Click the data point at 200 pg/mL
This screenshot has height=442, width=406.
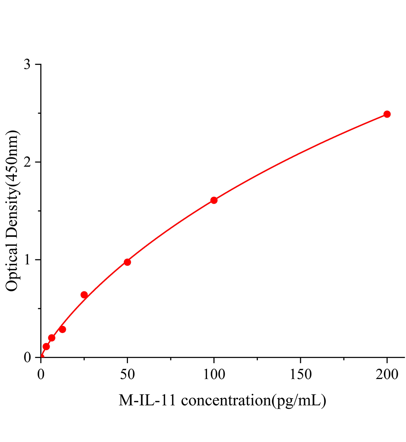click(387, 114)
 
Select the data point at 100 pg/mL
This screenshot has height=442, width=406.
click(214, 200)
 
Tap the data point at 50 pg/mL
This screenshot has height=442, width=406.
click(127, 262)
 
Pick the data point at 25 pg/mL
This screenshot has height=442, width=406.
click(84, 295)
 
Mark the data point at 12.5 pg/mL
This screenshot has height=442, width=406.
click(63, 329)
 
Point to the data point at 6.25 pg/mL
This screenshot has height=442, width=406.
click(51, 338)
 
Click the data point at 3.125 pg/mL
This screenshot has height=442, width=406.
click(46, 347)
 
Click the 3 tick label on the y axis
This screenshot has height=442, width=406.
click(28, 65)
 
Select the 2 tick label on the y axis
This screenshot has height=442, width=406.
click(28, 162)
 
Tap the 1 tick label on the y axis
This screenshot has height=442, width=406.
click(28, 260)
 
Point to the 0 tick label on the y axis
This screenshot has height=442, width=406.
click(28, 358)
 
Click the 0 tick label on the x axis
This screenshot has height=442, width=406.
click(41, 375)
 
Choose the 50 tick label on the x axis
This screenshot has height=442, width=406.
click(127, 375)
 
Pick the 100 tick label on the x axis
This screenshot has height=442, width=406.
click(214, 375)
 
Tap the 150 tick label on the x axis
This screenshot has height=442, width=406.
click(300, 375)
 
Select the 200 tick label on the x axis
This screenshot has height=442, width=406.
click(387, 375)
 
